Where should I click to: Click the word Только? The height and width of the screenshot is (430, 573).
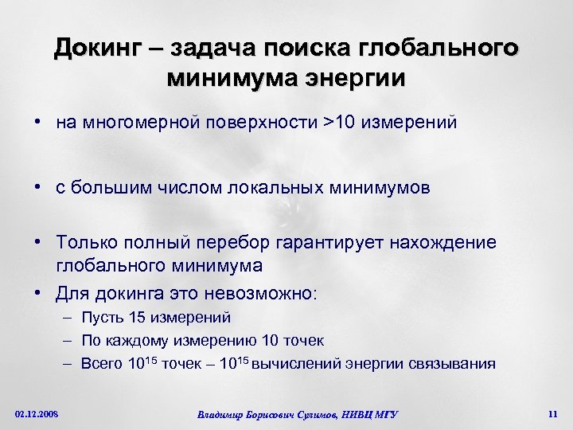85,241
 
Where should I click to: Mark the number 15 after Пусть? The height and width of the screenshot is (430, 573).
137,318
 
